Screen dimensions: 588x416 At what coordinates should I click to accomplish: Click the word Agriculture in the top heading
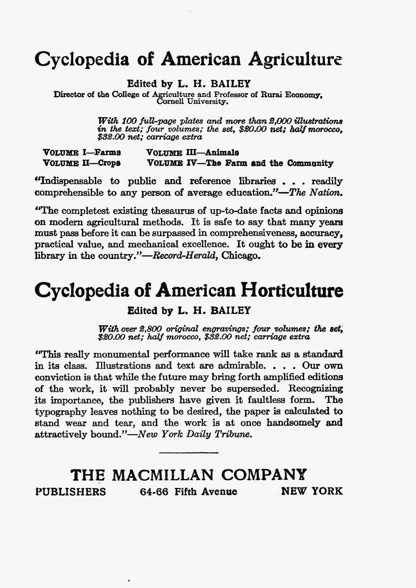[296, 61]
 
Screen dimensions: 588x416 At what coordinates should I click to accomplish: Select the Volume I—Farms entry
[82, 152]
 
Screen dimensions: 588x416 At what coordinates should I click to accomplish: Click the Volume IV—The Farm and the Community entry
[240, 163]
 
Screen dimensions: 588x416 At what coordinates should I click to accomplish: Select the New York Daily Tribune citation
[195, 434]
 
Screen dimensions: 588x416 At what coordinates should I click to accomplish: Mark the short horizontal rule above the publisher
[188, 452]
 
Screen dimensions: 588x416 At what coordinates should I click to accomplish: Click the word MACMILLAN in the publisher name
[164, 474]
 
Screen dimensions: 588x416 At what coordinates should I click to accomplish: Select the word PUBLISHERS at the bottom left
[70, 492]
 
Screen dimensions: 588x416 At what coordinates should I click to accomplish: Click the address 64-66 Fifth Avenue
[188, 492]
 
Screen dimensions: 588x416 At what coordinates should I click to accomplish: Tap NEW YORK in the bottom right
[312, 492]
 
